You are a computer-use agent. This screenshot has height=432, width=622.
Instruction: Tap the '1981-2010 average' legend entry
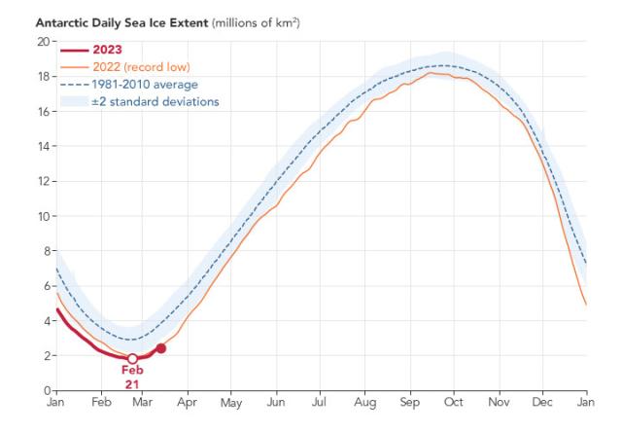pyautogui.click(x=146, y=85)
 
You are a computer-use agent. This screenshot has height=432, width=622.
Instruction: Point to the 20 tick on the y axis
pyautogui.click(x=43, y=42)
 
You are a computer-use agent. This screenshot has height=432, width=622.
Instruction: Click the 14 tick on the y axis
pyautogui.click(x=43, y=146)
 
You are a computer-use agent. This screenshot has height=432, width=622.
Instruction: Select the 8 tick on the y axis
pyautogui.click(x=46, y=251)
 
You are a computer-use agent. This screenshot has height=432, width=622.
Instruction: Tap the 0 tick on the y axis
pyautogui.click(x=46, y=390)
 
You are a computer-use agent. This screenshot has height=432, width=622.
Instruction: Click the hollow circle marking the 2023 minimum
pyautogui.click(x=132, y=359)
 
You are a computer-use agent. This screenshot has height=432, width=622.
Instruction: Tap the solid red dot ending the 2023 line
pyautogui.click(x=160, y=348)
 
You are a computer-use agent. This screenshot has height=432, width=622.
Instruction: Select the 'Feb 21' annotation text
pyautogui.click(x=132, y=378)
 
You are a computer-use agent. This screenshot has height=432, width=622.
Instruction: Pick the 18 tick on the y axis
pyautogui.click(x=43, y=77)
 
